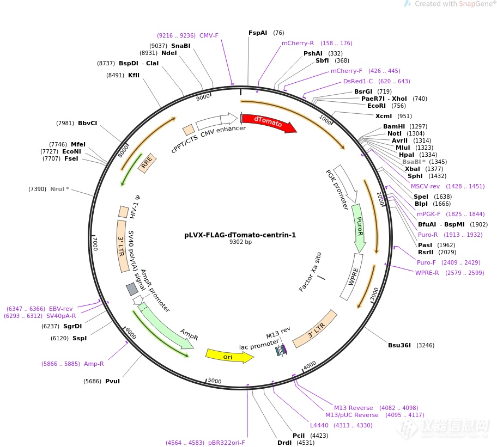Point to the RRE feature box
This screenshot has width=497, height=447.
(147, 163)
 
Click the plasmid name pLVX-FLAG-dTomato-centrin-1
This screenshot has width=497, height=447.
(240, 235)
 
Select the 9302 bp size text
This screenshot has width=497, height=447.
(240, 242)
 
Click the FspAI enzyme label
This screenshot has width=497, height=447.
(258, 33)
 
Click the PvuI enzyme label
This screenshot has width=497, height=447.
(112, 381)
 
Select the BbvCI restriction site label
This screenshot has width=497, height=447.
(87, 123)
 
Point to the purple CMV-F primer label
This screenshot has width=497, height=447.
(209, 35)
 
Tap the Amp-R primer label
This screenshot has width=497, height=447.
(94, 364)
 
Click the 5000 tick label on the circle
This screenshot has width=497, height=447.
(215, 381)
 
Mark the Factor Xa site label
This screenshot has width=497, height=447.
(310, 272)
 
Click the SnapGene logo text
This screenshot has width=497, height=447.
(469, 4)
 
